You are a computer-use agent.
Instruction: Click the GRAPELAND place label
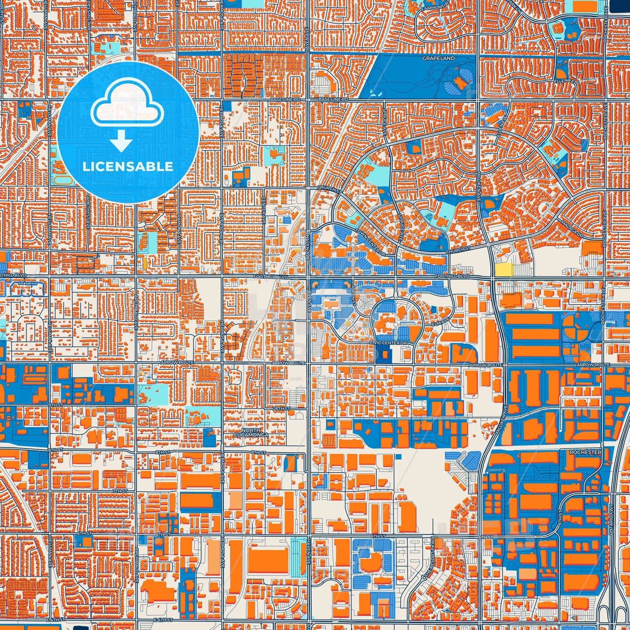438,58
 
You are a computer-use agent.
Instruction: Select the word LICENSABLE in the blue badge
128,166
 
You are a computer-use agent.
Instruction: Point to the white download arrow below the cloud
121,141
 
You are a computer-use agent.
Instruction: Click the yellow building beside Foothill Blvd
504,269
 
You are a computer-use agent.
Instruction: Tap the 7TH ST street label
119,491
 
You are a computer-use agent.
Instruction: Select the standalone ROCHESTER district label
585,452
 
